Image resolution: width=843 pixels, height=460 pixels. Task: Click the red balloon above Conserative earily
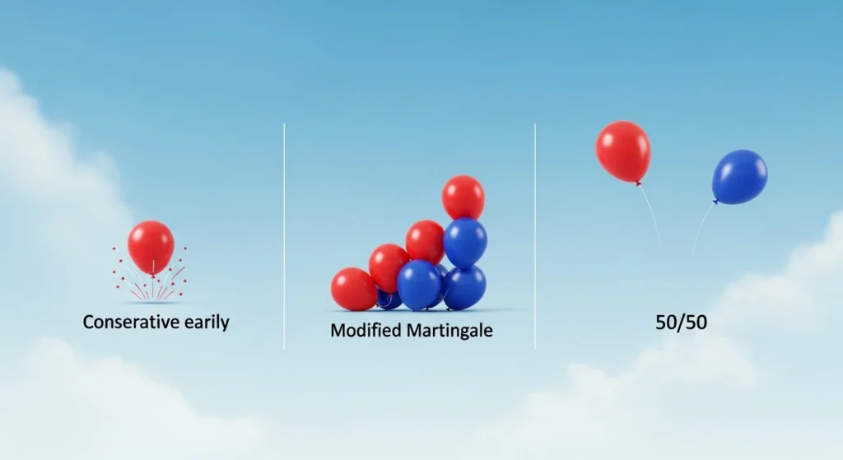coord(151,247)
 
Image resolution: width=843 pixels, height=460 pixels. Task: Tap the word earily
coord(207,323)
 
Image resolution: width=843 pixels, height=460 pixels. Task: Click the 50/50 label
coord(681,323)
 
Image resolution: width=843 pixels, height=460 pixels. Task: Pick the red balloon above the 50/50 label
coord(623,151)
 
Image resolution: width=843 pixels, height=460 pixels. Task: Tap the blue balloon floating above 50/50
coord(740,177)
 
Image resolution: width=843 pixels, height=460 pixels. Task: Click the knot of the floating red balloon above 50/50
coord(638,184)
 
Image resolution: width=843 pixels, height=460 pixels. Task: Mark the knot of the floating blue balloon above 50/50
coord(715,202)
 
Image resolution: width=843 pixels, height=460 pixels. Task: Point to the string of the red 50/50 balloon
coord(650,214)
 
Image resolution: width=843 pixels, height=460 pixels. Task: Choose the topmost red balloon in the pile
coord(463,197)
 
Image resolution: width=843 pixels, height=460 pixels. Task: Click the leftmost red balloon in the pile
coord(353,289)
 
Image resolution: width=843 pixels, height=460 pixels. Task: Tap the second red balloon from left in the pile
coord(389,267)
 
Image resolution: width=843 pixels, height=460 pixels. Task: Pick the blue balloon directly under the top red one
coord(466,242)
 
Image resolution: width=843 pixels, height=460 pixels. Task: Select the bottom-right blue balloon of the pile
coord(465,287)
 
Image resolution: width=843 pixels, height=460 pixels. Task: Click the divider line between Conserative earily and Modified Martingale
coord(284,236)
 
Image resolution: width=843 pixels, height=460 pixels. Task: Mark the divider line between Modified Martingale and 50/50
coord(535,236)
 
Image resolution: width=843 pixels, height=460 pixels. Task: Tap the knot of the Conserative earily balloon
coord(152,276)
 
